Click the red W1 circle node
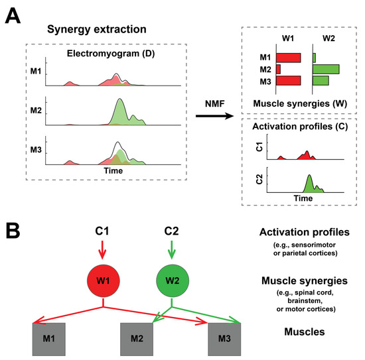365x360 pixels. pyautogui.click(x=102, y=281)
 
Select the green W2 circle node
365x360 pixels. pyautogui.click(x=172, y=281)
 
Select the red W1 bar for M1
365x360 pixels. pyautogui.click(x=288, y=58)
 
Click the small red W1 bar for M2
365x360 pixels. pyautogui.click(x=278, y=69)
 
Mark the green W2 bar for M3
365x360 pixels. pyautogui.click(x=321, y=80)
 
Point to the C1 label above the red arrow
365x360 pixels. pyautogui.click(x=102, y=232)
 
